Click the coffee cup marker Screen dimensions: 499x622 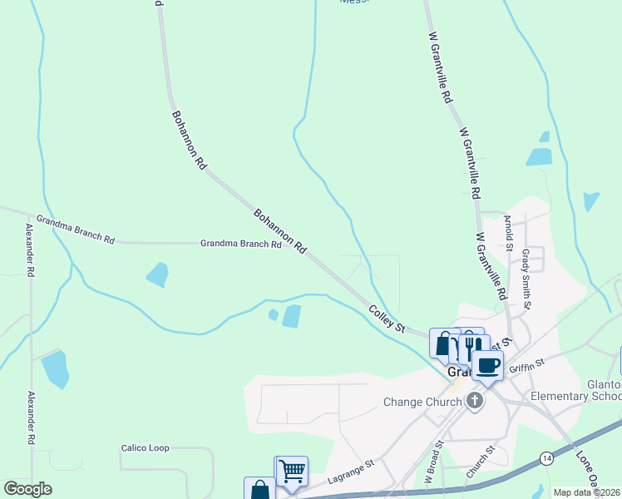point(487,364)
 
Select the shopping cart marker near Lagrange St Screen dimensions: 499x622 point(292,472)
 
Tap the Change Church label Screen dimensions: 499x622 point(422,403)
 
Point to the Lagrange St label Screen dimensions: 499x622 point(347,477)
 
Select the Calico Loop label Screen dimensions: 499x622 point(145,448)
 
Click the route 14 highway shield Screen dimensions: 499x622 point(546,458)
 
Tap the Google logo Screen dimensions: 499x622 point(28,489)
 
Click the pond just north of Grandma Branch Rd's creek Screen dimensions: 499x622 point(157,274)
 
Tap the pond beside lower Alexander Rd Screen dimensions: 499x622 point(55,369)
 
